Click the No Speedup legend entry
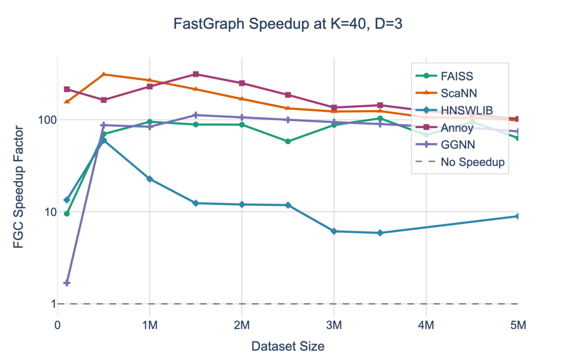click(x=472, y=162)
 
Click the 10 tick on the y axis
click(x=45, y=212)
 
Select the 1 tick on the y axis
click(x=48, y=304)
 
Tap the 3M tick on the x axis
click(x=334, y=325)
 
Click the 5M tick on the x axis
click(x=517, y=325)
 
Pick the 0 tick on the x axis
click(x=58, y=325)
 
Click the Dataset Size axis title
click(x=288, y=346)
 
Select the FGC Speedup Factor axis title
click(x=18, y=187)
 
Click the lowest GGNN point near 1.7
click(x=67, y=283)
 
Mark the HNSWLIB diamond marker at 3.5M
click(x=380, y=233)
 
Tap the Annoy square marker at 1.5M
click(x=196, y=74)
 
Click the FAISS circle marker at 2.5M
click(x=288, y=142)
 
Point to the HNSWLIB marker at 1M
click(x=150, y=179)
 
